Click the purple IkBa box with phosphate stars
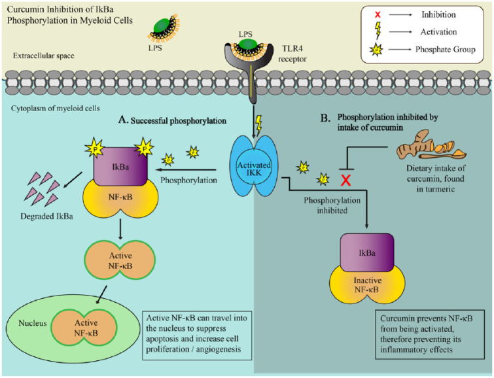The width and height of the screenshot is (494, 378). [120, 159]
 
